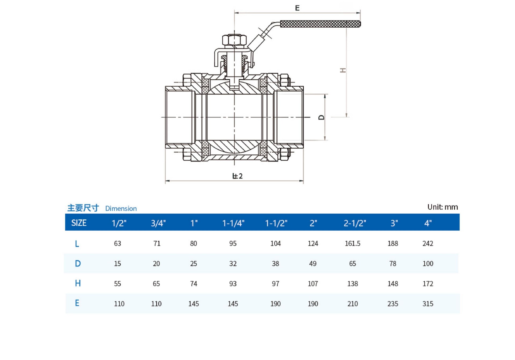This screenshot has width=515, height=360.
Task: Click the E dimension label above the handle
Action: [297, 8]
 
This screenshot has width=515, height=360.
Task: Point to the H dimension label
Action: [343, 70]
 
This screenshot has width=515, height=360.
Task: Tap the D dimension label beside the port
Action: [321, 117]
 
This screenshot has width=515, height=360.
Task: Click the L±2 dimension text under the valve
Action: [237, 176]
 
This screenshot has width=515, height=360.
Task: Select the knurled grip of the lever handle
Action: [320, 24]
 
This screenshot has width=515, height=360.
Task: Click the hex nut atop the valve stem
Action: [234, 40]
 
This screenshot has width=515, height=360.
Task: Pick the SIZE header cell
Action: [79, 223]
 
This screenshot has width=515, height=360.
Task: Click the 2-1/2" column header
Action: [355, 223]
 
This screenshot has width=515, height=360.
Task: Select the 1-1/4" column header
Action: [233, 223]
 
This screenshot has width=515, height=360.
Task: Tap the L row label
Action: [77, 244]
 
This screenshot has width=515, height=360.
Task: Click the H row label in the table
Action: [78, 283]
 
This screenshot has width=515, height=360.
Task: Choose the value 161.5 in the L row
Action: [352, 243]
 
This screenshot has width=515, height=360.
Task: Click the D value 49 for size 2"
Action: [312, 263]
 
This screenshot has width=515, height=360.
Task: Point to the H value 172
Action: [428, 284]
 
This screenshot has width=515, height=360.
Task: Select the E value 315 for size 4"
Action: [428, 304]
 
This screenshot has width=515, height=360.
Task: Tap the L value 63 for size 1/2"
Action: [117, 243]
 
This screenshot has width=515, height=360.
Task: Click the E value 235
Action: [392, 304]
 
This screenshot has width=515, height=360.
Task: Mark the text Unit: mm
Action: [442, 207]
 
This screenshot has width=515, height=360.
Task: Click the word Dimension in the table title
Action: [121, 208]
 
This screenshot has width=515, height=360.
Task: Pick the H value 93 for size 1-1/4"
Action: [233, 284]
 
